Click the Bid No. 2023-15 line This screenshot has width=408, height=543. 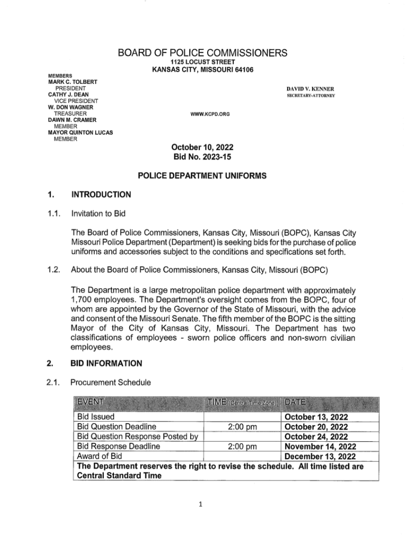[202, 157]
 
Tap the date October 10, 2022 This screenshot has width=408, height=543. [202, 147]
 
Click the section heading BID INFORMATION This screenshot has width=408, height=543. [109, 363]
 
